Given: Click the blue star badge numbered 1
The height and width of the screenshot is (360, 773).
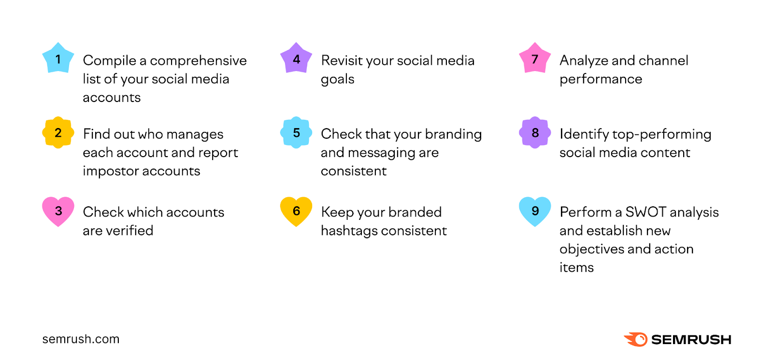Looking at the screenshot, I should click(x=58, y=59).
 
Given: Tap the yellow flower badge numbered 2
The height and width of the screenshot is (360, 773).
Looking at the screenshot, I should click(x=58, y=132).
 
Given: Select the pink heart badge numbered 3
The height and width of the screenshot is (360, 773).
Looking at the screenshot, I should click(x=58, y=211).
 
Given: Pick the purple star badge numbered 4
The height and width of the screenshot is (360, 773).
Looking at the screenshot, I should click(x=296, y=59).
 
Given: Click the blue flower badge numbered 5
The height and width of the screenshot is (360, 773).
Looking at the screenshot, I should click(x=296, y=132).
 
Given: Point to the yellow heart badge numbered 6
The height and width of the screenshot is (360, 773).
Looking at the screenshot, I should click(x=296, y=211).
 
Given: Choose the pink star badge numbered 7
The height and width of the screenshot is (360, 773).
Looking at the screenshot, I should click(x=535, y=59).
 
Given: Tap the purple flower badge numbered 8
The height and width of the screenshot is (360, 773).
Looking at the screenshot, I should click(x=535, y=132).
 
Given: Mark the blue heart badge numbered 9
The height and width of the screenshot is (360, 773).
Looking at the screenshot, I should click(x=535, y=211).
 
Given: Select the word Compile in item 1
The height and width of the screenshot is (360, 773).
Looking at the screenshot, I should click(x=110, y=61).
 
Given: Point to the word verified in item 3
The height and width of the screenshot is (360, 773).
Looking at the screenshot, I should click(x=129, y=230).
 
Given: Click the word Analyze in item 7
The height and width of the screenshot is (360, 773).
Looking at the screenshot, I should click(x=584, y=61).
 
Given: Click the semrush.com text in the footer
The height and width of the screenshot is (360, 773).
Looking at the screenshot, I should click(x=81, y=339).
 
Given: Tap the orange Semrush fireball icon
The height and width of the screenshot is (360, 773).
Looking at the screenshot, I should click(x=636, y=339).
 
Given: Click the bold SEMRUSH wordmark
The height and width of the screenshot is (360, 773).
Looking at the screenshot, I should click(x=691, y=340).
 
